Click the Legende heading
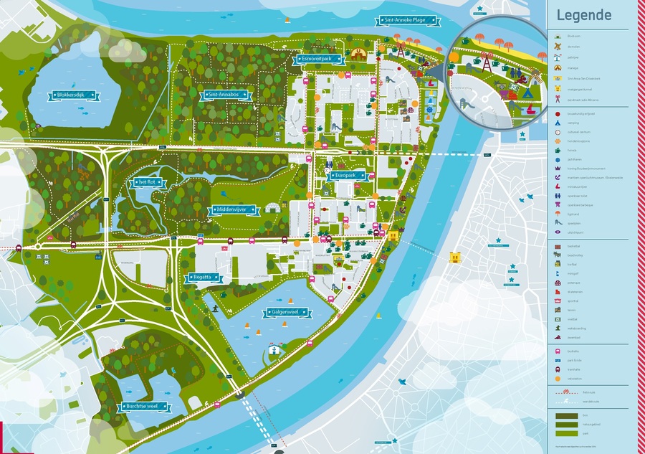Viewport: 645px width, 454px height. tap(583, 16)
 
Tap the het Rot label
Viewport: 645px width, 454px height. tap(145, 183)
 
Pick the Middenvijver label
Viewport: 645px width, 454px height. tap(234, 210)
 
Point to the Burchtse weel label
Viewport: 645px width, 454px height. tap(145, 407)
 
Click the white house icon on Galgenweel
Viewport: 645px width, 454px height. tap(273, 351)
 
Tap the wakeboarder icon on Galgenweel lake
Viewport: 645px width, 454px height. tap(213, 308)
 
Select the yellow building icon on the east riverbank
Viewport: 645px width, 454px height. tap(454, 257)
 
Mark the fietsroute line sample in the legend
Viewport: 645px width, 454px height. tap(563, 392)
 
